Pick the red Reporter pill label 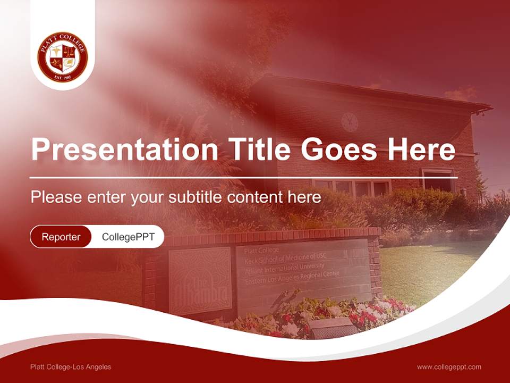[x=61, y=237]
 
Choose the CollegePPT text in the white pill [x=128, y=237]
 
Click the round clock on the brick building [x=349, y=122]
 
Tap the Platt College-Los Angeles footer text [x=71, y=367]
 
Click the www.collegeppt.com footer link [x=449, y=367]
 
